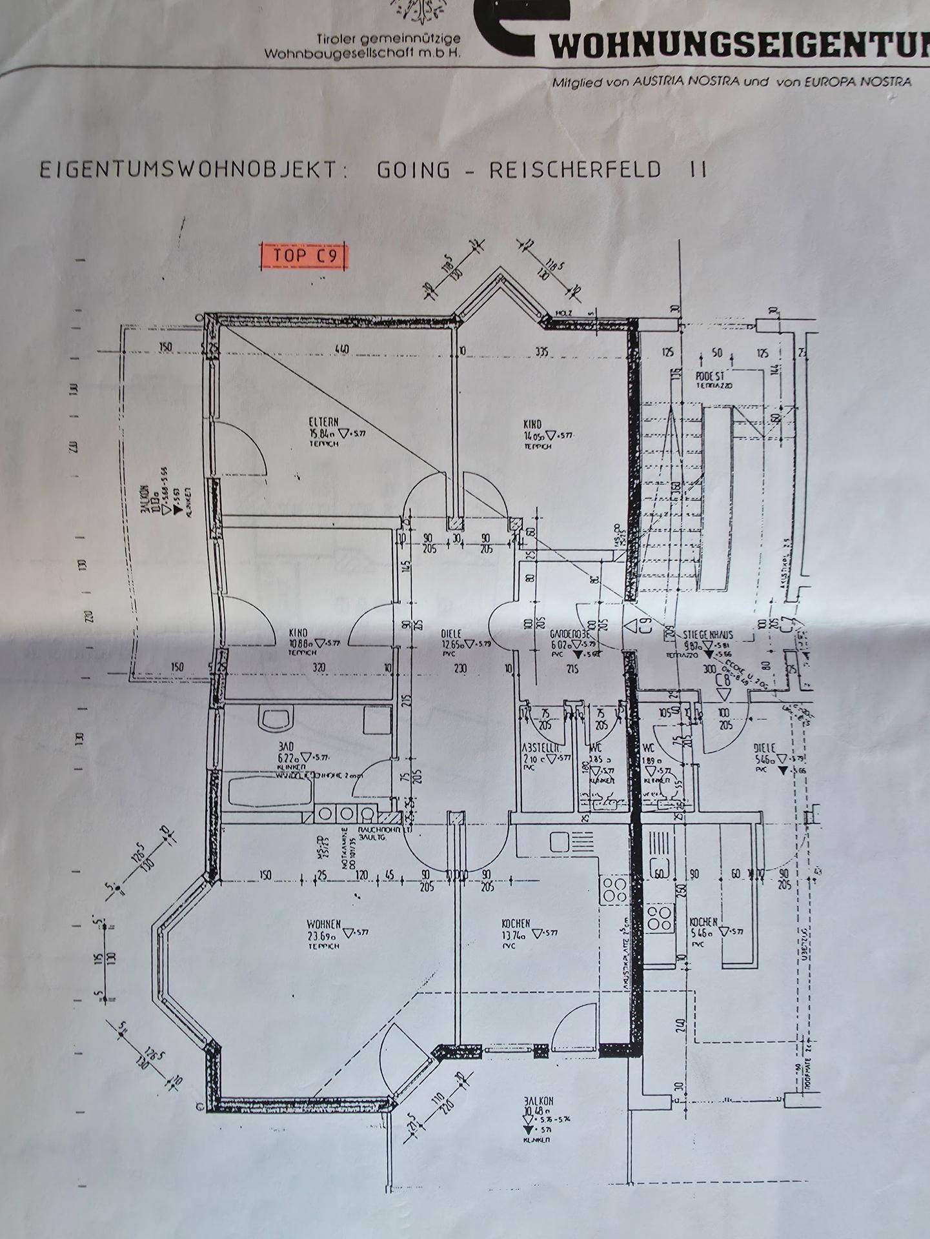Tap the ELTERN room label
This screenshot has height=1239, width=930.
(x=323, y=422)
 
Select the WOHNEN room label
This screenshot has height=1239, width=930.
(x=324, y=924)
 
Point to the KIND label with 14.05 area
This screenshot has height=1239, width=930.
(x=532, y=424)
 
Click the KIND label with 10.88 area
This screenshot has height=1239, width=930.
(x=299, y=633)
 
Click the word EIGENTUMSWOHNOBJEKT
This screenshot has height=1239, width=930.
(x=188, y=170)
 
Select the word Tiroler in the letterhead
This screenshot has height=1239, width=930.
(x=337, y=40)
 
